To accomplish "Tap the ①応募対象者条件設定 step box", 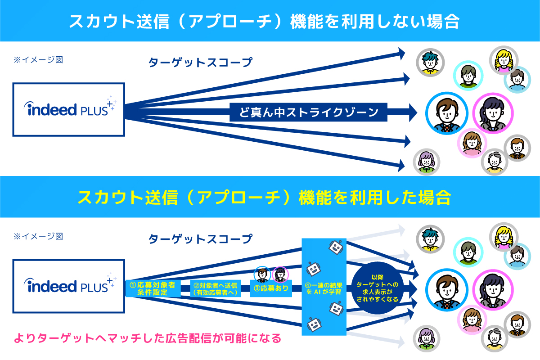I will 152,288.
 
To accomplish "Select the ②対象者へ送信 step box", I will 216,288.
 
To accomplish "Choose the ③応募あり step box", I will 272,288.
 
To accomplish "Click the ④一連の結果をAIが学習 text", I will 324,288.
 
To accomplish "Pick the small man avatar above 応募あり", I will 262,274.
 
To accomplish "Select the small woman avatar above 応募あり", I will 280,274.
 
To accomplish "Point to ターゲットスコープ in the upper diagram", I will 201,63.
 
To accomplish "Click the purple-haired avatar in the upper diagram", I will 426,161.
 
